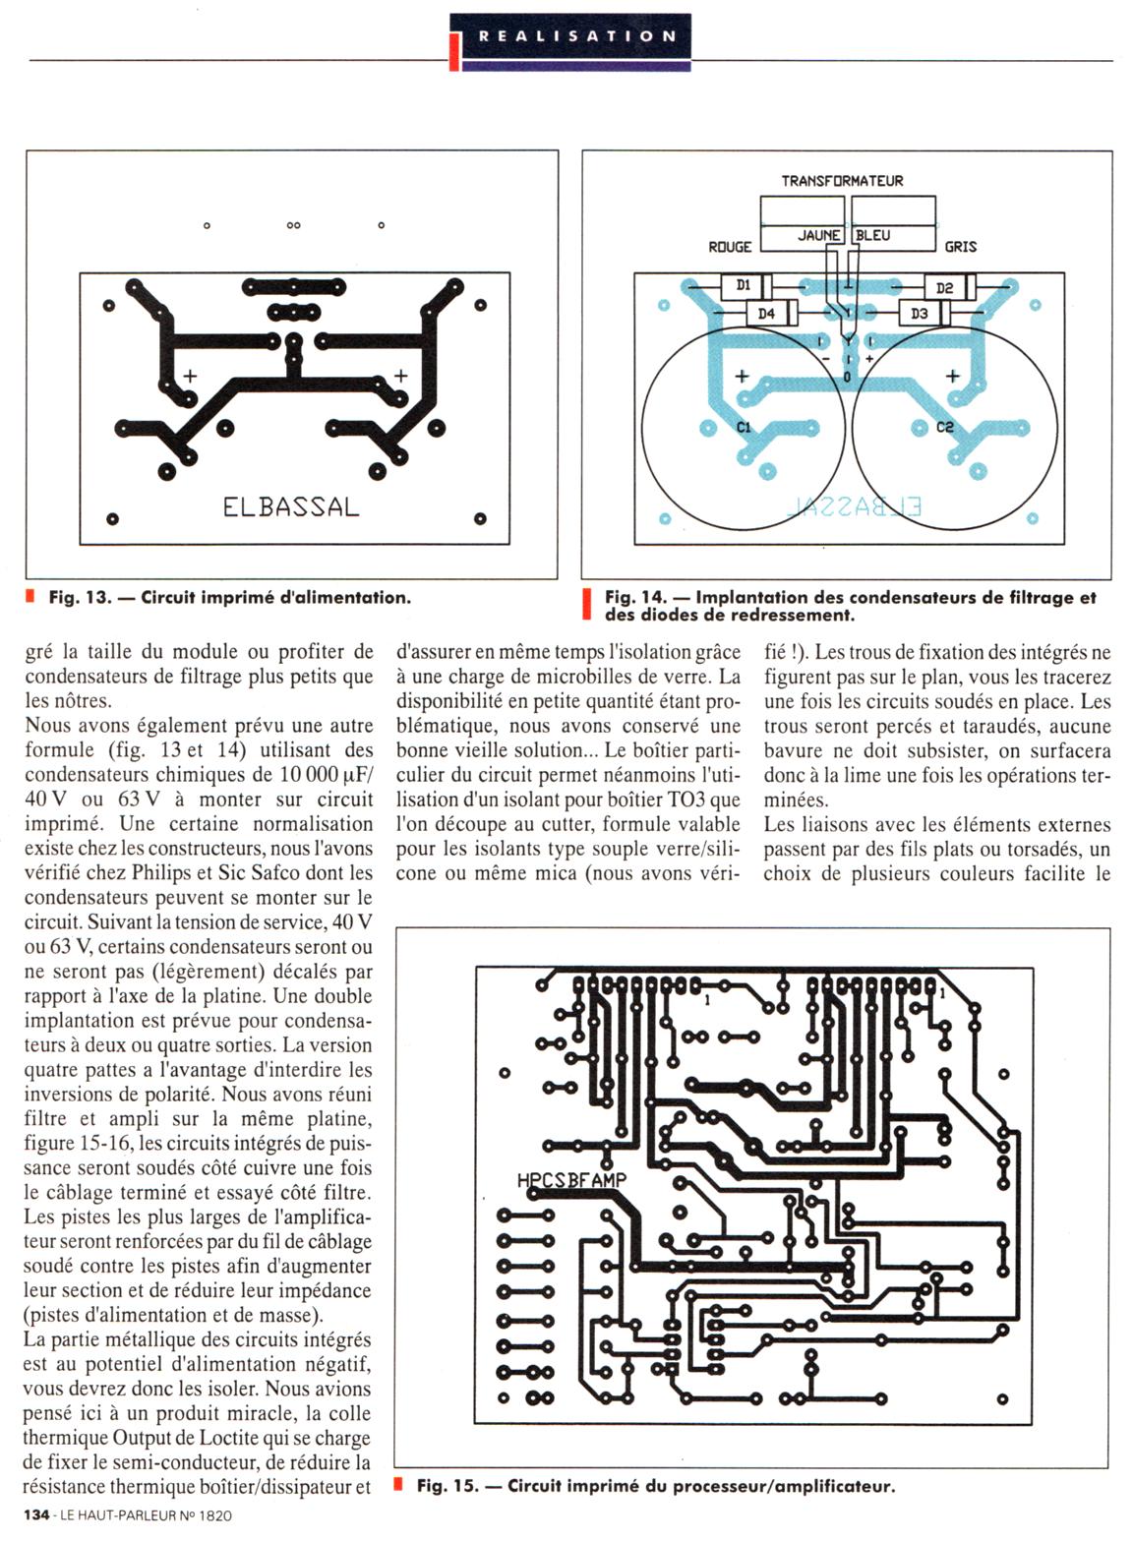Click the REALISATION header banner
[x=577, y=36]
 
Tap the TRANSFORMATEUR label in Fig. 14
[x=842, y=181]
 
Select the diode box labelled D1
[x=744, y=286]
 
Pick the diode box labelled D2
[x=944, y=288]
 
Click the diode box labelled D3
[x=920, y=314]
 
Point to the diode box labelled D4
[x=767, y=314]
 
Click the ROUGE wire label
[x=730, y=247]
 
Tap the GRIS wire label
[x=960, y=247]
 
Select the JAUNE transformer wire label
[x=818, y=236]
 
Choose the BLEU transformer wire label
[x=872, y=236]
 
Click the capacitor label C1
[x=744, y=428]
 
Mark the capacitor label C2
[x=945, y=427]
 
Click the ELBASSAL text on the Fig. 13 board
[x=290, y=507]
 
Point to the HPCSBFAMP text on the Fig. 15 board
[x=570, y=1180]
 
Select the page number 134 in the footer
[x=36, y=1515]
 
